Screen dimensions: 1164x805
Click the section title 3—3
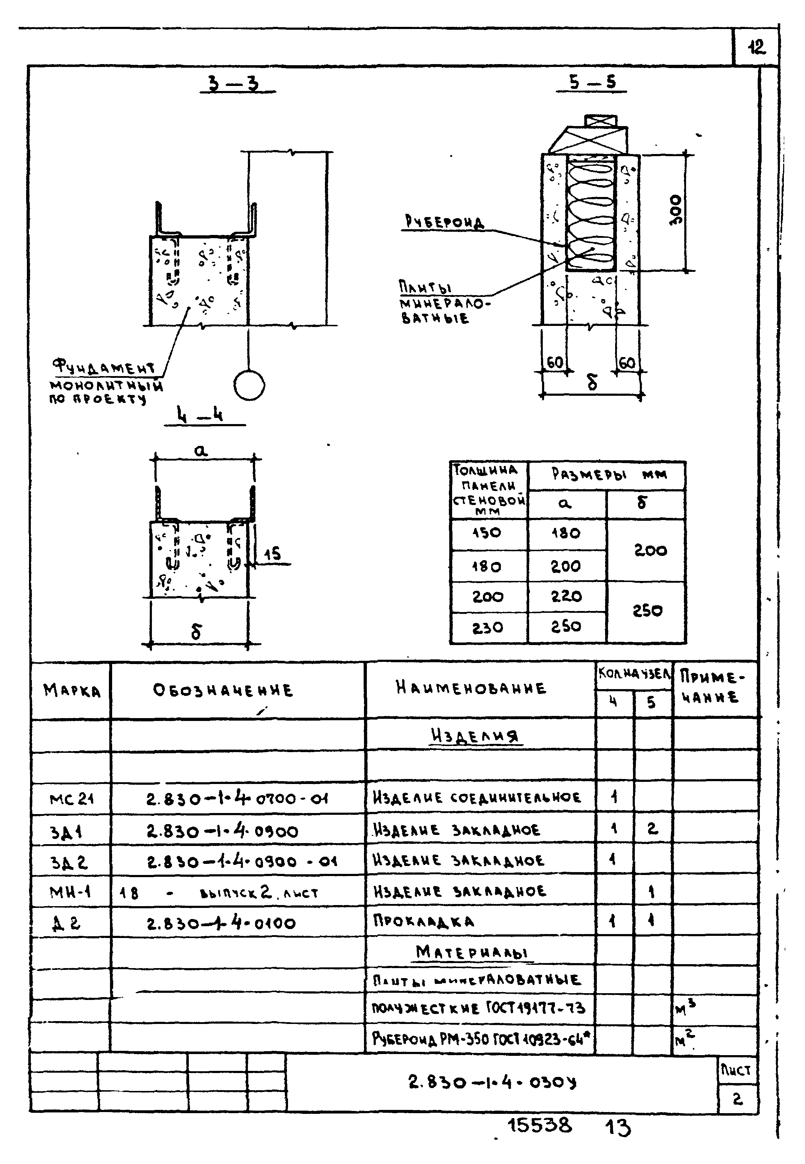point(235,83)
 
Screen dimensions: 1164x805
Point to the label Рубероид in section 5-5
point(444,222)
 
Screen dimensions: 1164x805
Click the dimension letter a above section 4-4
point(201,450)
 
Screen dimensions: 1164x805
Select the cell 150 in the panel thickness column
point(487,533)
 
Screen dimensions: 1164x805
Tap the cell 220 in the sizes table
point(566,596)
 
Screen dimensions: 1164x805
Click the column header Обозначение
point(222,690)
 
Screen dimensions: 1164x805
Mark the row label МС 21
point(71,799)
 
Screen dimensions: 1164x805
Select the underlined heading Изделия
point(474,736)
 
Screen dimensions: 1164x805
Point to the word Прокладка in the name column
point(423,922)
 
